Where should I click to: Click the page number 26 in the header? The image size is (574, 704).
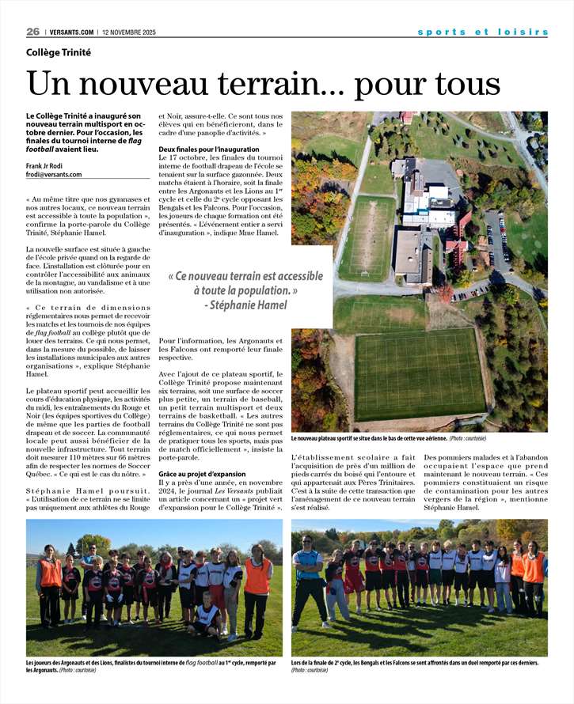(32, 32)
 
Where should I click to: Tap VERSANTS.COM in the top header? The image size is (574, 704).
(72, 32)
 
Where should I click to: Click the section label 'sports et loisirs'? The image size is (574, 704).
(482, 32)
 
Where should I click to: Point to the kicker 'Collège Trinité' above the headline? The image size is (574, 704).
(58, 52)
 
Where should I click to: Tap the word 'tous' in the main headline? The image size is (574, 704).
(463, 84)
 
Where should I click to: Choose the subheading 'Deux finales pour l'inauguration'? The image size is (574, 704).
(208, 149)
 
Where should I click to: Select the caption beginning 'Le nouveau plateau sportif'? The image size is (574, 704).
(388, 438)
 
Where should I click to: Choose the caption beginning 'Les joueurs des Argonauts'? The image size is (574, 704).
(150, 666)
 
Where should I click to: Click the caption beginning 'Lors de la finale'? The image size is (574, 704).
(415, 665)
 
